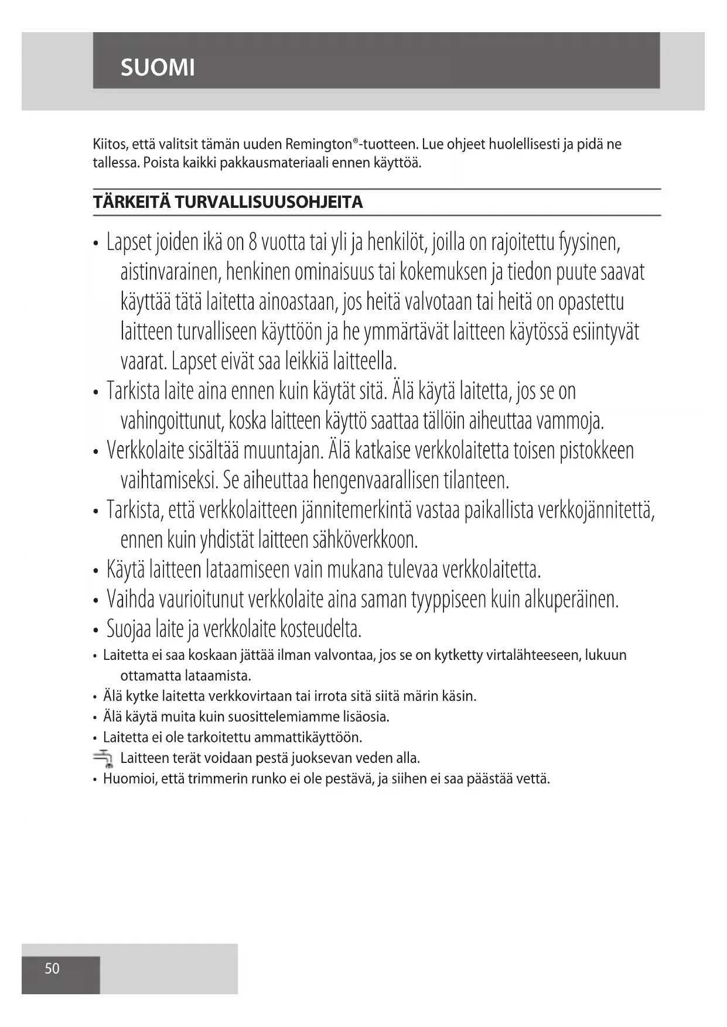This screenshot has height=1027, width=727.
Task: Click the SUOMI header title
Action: coord(158,68)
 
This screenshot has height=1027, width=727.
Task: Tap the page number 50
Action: coord(52,968)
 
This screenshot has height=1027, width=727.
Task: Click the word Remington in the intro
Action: coord(319,144)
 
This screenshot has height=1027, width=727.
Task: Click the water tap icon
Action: coord(103,758)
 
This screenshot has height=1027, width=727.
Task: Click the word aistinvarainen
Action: coord(170,272)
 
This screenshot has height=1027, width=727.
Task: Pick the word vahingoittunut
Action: coord(171,421)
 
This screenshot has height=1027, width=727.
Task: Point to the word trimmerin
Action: coord(217,779)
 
